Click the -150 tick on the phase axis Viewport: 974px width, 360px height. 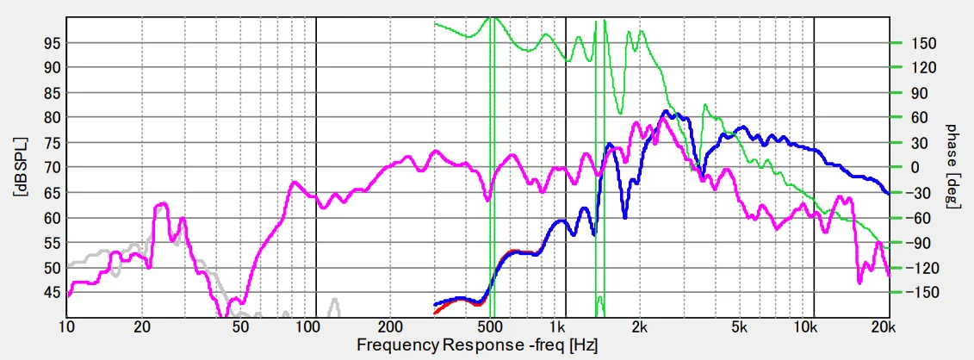[915, 293]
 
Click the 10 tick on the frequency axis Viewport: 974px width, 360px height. [66, 327]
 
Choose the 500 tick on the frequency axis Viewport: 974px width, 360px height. [489, 327]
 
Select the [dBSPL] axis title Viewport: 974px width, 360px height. [18, 167]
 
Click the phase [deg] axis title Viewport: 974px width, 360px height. [952, 167]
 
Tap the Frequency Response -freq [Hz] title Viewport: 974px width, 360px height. [477, 345]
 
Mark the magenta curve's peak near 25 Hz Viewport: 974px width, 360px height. [162, 204]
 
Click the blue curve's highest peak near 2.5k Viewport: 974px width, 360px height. [665, 111]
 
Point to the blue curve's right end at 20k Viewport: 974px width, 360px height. [889, 194]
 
